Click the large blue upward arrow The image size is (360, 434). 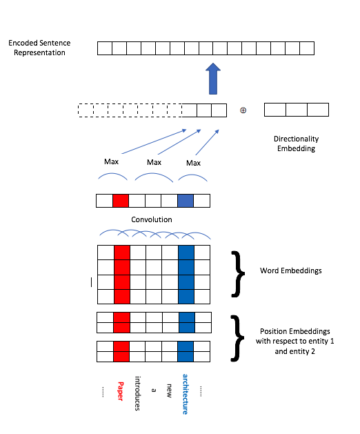pos(213,79)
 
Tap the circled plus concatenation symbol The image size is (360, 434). pos(243,110)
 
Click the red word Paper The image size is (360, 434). pos(121,391)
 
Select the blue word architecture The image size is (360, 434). pos(185,394)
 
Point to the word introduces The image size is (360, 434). pos(137,393)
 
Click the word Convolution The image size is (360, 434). pos(152,219)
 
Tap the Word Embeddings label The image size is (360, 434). pos(291,270)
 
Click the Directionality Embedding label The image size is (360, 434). pos(296,144)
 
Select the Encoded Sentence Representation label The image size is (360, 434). pos(39,48)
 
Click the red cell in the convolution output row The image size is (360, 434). pos(121,201)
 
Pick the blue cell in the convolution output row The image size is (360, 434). pos(186,201)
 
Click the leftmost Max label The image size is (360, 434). pos(111,161)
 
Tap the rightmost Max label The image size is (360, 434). pos(193,163)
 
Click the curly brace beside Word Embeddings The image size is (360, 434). pos(238,274)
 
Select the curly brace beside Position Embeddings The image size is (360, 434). pos(237,338)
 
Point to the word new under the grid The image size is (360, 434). pos(169,391)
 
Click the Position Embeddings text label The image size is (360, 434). pos(295,342)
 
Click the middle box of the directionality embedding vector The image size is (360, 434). pos(297,110)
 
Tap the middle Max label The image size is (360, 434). pos(154,162)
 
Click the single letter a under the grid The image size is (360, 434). pos(154,391)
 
